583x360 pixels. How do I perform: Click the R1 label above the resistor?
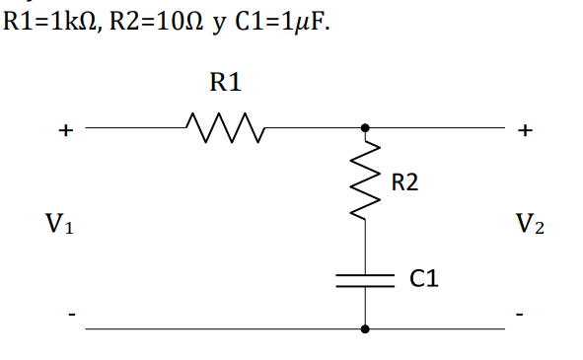tap(225, 84)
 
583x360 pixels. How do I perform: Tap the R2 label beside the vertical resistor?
tap(404, 182)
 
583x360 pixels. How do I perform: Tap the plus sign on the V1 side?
tap(66, 129)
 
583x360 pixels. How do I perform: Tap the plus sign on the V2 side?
tap(526, 129)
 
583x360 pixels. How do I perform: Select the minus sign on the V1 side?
tap(69, 316)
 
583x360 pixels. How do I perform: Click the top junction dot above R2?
tap(366, 127)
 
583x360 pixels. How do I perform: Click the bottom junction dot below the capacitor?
tap(366, 328)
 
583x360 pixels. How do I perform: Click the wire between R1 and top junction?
tap(311, 127)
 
